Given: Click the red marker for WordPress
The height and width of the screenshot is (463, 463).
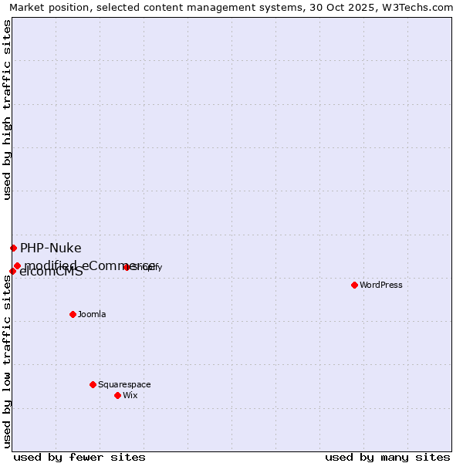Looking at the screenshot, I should point(354,285).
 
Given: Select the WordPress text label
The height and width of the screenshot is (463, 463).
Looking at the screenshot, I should point(381,285).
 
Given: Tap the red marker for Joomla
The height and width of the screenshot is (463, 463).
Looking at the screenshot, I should point(73,314).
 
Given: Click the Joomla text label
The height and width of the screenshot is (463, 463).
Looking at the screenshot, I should point(92,314).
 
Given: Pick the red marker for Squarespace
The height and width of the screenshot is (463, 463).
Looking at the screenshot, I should point(93,384).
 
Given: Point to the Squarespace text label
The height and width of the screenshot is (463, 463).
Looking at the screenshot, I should point(124,384).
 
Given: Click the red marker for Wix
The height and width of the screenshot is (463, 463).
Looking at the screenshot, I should point(117,395).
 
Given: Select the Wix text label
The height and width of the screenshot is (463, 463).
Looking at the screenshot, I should point(130,395).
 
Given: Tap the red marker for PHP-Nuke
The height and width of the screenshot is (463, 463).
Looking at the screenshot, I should point(13,248).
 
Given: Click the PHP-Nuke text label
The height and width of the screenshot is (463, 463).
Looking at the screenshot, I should point(51,248).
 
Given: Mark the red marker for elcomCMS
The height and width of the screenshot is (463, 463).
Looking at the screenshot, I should point(12,271).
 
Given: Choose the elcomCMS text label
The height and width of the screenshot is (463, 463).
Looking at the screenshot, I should point(51,272).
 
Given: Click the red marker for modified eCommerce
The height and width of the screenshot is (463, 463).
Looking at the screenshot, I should point(17,265).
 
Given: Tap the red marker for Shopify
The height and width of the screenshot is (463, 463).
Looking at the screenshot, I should point(127,267).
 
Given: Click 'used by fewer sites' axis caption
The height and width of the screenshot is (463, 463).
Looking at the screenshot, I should point(79,457).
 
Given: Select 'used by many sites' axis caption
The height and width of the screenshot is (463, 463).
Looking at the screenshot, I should point(387,457).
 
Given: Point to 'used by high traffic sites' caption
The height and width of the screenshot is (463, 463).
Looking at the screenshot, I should point(7,110).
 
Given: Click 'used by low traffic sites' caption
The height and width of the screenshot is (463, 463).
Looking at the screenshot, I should point(7,361).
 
